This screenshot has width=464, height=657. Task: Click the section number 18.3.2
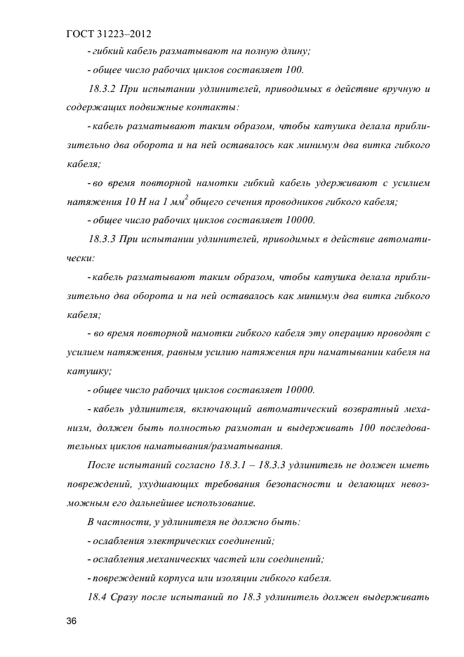(x=104, y=88)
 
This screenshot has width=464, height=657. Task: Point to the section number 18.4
(x=99, y=597)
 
